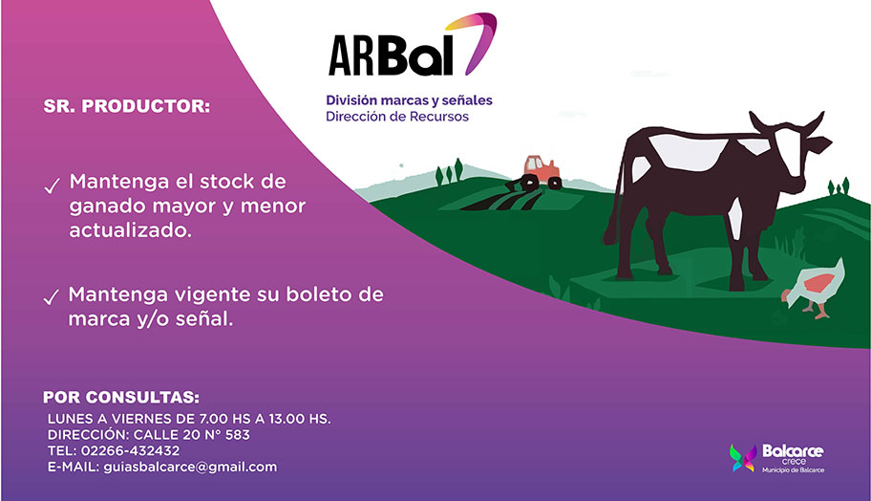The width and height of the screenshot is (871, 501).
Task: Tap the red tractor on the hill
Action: [534, 173]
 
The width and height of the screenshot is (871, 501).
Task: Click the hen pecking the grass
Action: [814, 288]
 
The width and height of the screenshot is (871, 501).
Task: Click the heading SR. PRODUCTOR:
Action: [127, 106]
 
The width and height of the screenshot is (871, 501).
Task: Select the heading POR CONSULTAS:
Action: [121, 398]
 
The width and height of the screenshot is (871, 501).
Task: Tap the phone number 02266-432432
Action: [131, 450]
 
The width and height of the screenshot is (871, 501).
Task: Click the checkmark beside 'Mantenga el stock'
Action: [52, 186]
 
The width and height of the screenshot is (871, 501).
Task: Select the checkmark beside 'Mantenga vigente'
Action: [52, 297]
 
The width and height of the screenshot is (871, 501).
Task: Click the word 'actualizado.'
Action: [131, 230]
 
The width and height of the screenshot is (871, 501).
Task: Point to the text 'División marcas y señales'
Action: [409, 100]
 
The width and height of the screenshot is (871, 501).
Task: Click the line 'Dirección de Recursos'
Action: [397, 117]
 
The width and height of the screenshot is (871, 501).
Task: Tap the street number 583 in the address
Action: [238, 435]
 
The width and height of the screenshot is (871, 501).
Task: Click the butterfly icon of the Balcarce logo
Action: [743, 458]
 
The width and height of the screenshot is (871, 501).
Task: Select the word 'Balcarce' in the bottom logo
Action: [793, 451]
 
